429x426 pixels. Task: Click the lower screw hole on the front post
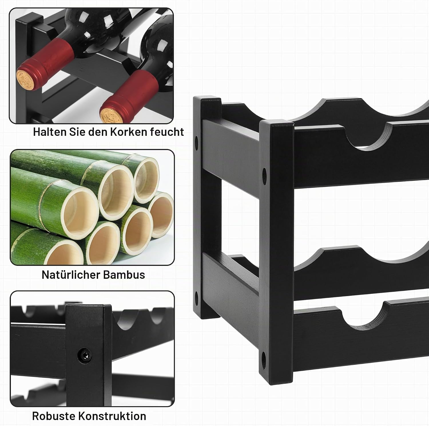click(264, 357)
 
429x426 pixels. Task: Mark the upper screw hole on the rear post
click(196, 141)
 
